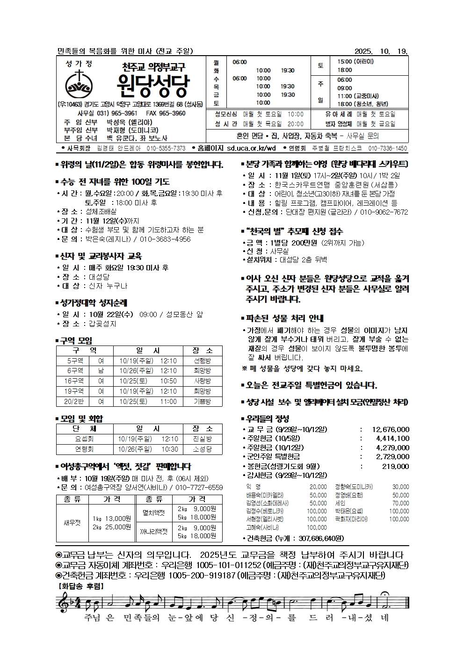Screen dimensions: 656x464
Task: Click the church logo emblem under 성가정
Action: (x=80, y=84)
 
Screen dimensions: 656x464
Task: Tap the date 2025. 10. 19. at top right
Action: (x=381, y=51)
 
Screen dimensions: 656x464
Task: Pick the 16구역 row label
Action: (x=74, y=381)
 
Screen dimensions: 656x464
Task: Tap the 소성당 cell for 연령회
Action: (x=202, y=449)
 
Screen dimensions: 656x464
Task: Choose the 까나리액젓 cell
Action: (x=154, y=532)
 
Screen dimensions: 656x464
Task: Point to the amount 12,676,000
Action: (x=391, y=429)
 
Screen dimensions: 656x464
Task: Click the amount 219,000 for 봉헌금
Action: (x=395, y=466)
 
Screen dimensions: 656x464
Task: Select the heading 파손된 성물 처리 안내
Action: (x=284, y=318)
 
